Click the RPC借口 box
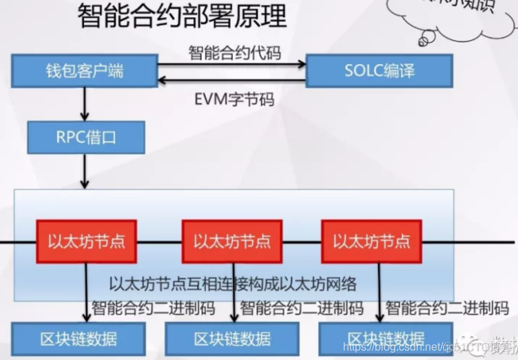[86, 138]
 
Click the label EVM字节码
[234, 100]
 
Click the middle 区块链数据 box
[232, 338]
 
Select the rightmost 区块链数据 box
[385, 338]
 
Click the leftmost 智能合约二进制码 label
[153, 308]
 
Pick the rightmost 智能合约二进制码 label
[447, 308]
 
